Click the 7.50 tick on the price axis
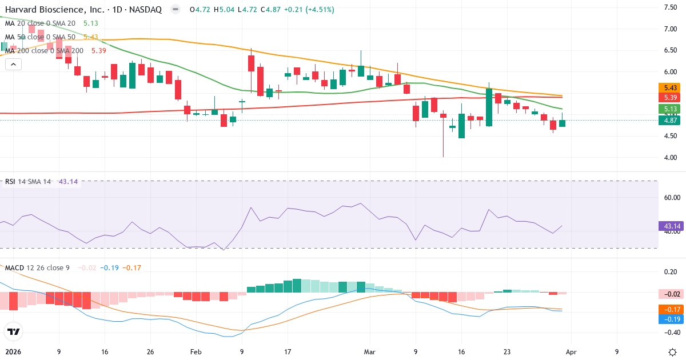671,7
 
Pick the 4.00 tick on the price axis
671,158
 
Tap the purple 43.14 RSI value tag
671,226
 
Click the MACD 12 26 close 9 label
37,267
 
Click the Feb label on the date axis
196,352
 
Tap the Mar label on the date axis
370,352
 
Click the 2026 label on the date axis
13,352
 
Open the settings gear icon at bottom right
672,351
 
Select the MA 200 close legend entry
44,50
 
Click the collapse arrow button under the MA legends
13,65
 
